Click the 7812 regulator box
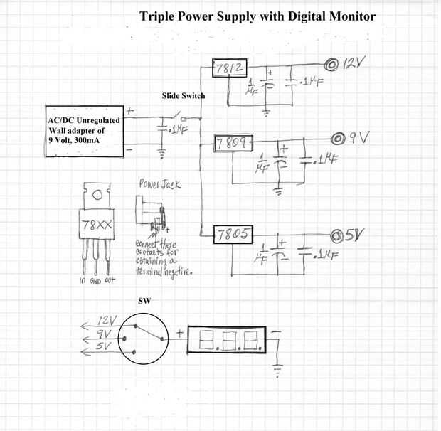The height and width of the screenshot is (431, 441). tap(230, 69)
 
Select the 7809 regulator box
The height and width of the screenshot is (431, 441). tap(234, 144)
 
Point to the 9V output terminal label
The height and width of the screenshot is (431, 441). tap(358, 137)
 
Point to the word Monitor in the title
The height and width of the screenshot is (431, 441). tap(346, 16)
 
